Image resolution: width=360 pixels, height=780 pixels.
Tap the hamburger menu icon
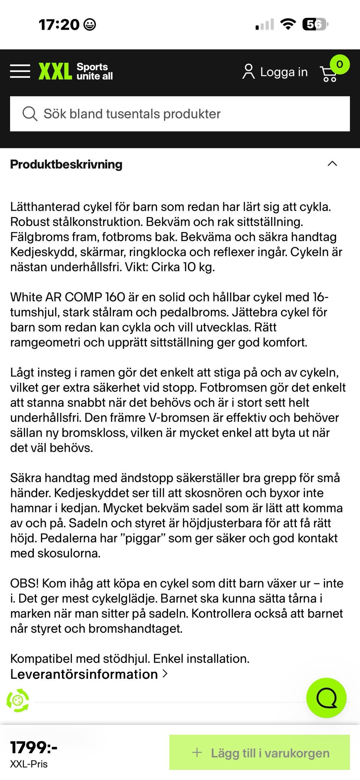pos(20,71)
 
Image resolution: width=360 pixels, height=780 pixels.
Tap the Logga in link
pos(275,72)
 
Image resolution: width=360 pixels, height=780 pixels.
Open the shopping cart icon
pos(328,74)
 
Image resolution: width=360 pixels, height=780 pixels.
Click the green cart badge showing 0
pos(339,64)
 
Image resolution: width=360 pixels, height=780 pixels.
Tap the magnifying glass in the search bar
pos(30,114)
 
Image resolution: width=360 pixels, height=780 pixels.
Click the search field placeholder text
pos(132,114)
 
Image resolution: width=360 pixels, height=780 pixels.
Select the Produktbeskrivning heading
pos(66,164)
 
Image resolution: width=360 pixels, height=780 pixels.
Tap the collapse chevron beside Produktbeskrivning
pos(332,163)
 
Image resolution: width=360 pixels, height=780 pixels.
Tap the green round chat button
pos(326,698)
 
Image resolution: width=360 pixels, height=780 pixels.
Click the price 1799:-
pos(34,747)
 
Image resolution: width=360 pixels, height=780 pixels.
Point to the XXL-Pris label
pos(29,764)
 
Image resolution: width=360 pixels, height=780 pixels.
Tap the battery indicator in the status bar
pos(315,24)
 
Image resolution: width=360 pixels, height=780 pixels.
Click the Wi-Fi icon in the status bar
pos(288,24)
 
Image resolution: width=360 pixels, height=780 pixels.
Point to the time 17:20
pos(59,25)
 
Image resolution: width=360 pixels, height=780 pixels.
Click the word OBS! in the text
pos(24,583)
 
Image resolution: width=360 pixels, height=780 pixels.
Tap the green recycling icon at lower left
pos(18,700)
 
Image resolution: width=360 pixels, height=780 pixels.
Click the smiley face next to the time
pos(89,25)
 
